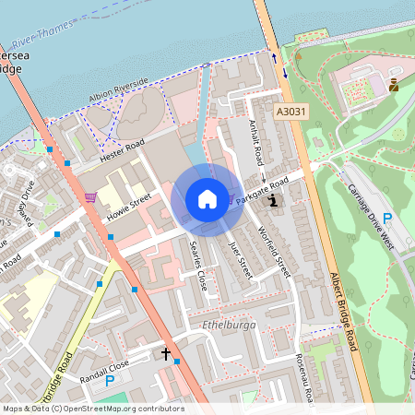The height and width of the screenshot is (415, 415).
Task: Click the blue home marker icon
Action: point(207,199)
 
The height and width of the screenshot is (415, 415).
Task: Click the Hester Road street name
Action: point(124,148)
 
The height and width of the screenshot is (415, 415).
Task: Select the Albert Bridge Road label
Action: point(342,310)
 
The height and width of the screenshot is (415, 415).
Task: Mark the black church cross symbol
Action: point(167,353)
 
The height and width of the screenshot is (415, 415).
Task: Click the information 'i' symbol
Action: point(272,200)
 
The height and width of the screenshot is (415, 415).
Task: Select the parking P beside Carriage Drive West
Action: point(387,219)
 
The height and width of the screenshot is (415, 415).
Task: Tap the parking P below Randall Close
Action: point(110,380)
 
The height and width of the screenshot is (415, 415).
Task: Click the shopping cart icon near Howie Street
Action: point(89,196)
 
